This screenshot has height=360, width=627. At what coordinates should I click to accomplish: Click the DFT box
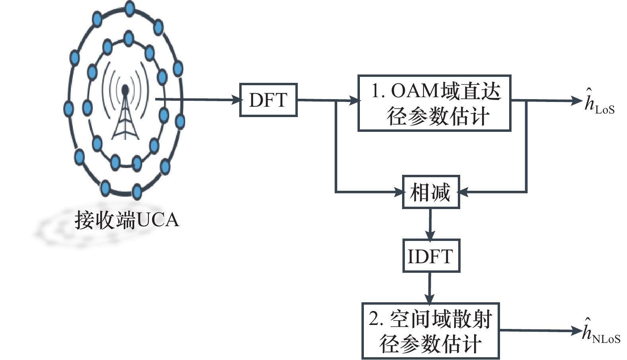tap(268, 100)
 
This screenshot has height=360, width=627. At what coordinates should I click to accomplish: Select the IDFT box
tap(431, 256)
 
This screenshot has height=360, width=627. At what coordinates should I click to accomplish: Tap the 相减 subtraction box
tap(431, 192)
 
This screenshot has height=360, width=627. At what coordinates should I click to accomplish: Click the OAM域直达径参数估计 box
tap(434, 103)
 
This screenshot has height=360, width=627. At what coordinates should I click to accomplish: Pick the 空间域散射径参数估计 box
tap(430, 331)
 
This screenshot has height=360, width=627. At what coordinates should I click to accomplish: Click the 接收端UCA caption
tap(127, 220)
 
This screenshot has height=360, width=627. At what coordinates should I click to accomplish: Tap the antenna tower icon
tap(125, 113)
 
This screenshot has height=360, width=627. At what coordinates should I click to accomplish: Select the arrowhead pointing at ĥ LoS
tap(577, 101)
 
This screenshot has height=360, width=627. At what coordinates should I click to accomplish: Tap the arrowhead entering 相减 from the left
tap(399, 192)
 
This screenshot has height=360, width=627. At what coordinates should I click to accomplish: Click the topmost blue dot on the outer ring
tap(129, 8)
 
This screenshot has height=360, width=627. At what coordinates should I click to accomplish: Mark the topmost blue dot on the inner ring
tap(128, 39)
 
